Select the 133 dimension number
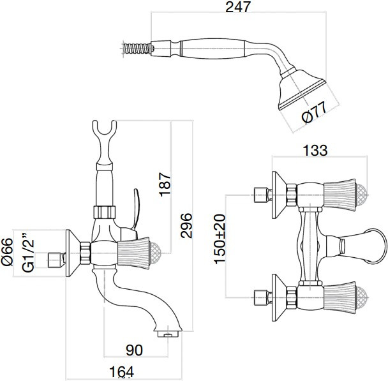[315, 151]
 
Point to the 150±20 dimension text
[220, 239]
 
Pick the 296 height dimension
[186, 224]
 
